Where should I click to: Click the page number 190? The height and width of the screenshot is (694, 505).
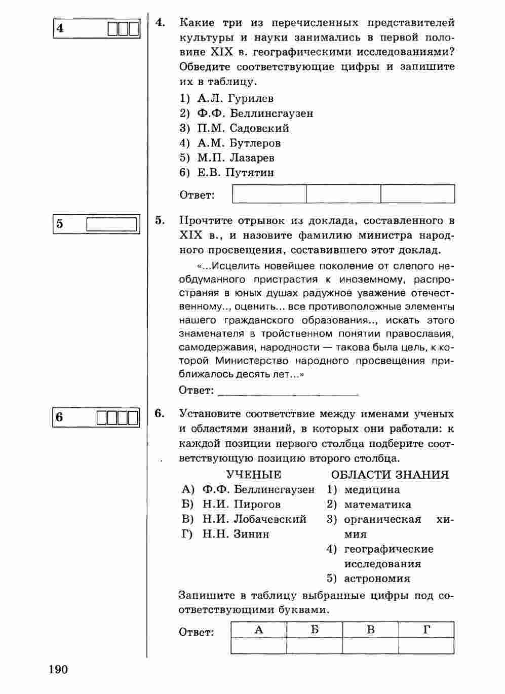click(x=58, y=670)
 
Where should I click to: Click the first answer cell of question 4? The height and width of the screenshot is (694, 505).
click(x=269, y=194)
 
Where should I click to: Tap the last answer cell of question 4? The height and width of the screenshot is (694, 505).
click(x=417, y=194)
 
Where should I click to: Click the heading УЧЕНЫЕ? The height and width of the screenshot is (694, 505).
click(x=254, y=475)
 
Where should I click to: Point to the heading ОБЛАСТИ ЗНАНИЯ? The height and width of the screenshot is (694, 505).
click(x=390, y=475)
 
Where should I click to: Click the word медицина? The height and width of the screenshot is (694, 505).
click(x=372, y=490)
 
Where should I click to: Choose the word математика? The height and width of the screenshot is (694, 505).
click(x=377, y=505)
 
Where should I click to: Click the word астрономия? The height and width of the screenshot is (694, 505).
click(x=377, y=579)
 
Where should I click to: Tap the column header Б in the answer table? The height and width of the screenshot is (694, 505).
click(x=315, y=630)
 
